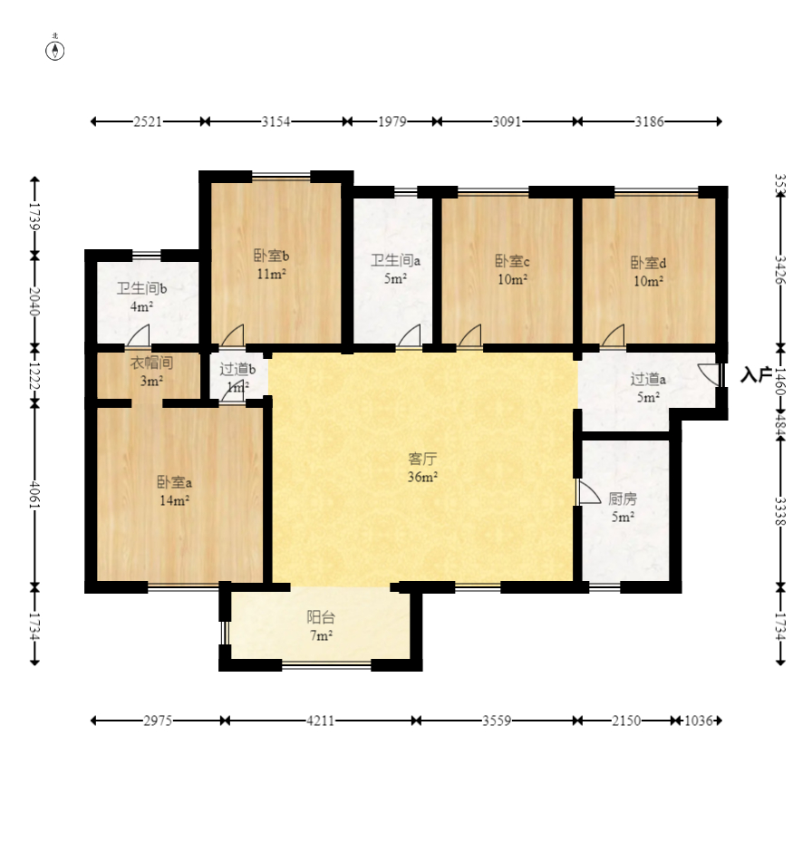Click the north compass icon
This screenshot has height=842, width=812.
click(55, 50)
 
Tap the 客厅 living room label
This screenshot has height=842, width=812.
click(422, 459)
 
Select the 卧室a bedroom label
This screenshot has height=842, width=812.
click(174, 482)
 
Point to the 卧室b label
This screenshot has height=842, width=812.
click(271, 256)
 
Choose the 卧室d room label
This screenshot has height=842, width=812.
click(648, 263)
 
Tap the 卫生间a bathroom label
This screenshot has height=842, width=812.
click(394, 261)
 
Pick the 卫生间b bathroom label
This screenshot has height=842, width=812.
click(140, 289)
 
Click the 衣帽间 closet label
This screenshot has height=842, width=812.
click(150, 363)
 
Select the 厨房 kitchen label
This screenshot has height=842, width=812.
click(623, 498)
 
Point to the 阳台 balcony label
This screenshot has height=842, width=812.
click(321, 618)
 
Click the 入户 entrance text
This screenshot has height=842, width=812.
click(755, 375)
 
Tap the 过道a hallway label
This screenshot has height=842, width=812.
click(648, 379)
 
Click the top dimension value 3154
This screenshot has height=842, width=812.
click(275, 121)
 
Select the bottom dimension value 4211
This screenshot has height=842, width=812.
click(320, 721)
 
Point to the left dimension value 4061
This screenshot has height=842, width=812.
click(34, 495)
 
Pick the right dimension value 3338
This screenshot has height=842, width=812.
click(780, 510)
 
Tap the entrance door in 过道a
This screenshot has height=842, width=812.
click(710, 375)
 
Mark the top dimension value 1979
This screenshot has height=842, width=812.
click(391, 121)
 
